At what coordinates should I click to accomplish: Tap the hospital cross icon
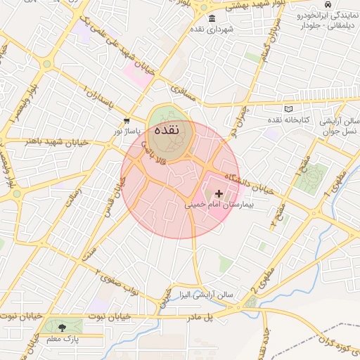point(219,193)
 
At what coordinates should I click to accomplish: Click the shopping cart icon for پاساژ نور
point(127,121)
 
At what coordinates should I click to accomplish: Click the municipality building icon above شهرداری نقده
point(212,18)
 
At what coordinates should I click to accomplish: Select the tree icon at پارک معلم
point(64,327)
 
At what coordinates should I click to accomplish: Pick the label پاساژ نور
point(128,131)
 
